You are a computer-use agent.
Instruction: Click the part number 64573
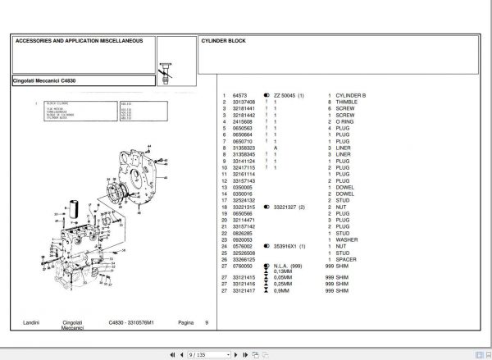pyautogui.click(x=240, y=97)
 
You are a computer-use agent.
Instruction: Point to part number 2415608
pyautogui.click(x=244, y=121)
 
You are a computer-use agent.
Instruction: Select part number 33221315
pyautogui.click(x=245, y=207)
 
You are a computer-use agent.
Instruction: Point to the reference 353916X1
pyautogui.click(x=289, y=244)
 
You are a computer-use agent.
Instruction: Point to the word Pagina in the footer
pyautogui.click(x=186, y=323)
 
